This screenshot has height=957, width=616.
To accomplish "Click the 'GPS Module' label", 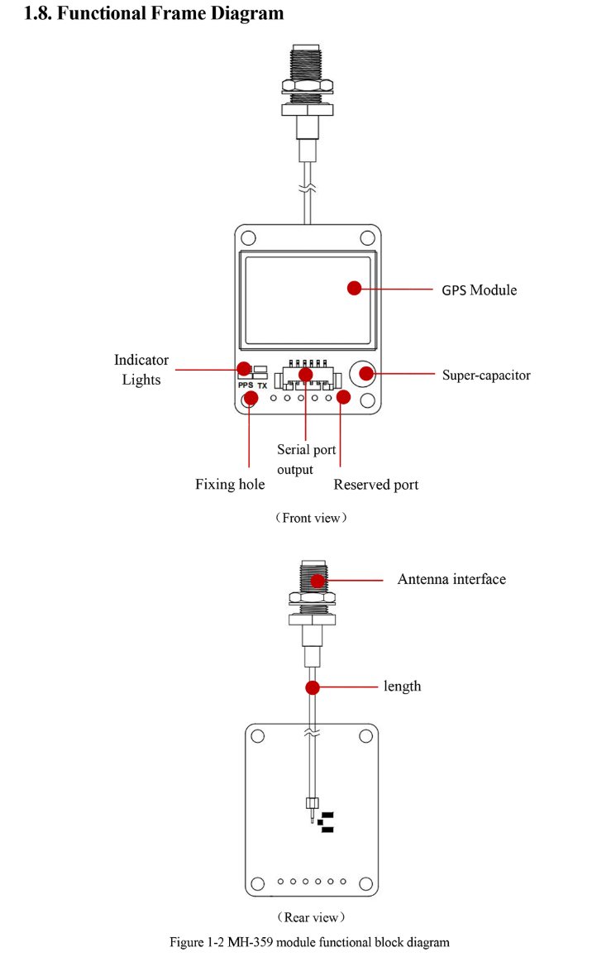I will point(479,290).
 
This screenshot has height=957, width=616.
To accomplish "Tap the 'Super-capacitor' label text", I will point(486,375).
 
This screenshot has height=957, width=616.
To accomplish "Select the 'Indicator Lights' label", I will point(141,370).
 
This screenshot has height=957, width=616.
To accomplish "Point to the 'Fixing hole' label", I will point(230,484).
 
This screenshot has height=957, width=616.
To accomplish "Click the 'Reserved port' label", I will point(375,485).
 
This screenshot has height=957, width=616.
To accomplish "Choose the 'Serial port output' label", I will point(306,459).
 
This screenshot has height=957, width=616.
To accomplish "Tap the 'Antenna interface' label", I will point(451,579).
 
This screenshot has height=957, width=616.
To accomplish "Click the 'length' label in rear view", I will point(402,686).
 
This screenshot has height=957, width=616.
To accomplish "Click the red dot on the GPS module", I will point(354,288).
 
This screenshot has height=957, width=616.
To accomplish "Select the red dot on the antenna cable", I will point(313,687).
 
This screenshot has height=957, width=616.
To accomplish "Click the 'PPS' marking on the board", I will point(246,385).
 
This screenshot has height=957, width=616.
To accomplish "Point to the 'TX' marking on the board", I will point(262,385).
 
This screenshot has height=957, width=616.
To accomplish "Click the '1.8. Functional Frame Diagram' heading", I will point(154,14).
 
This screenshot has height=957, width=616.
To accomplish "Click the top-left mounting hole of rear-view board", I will point(258,736).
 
